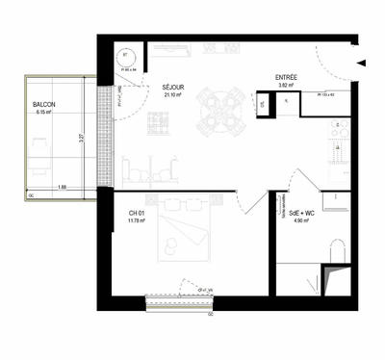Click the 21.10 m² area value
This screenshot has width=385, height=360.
(x=173, y=95)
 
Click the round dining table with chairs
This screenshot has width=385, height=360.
(x=222, y=111)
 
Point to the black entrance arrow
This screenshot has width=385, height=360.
(x=361, y=63)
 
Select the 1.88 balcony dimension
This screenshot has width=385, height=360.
(x=61, y=186)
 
